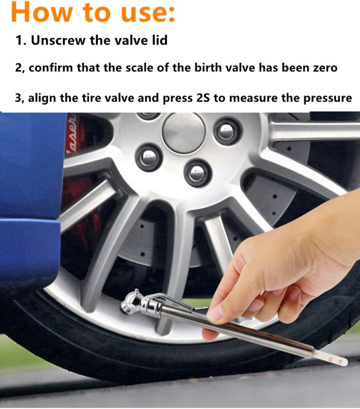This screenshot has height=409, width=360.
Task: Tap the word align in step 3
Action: (42, 98)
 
